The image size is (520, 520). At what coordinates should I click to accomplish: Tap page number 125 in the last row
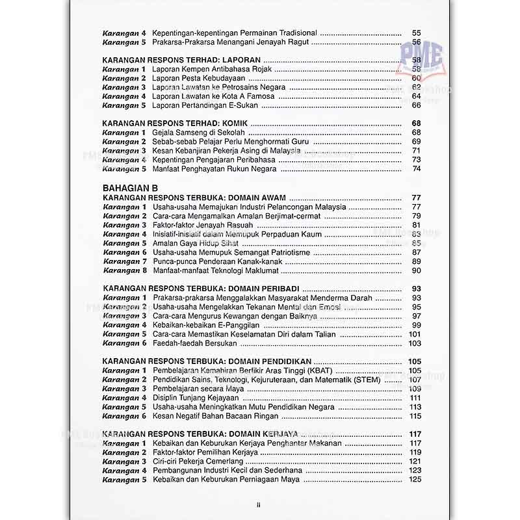pos(415,480)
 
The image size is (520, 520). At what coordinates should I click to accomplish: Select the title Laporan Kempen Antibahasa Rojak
pos(212,69)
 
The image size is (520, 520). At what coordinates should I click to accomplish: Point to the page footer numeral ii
pos(258,504)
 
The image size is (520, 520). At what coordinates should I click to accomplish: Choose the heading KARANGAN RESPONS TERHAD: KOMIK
pos(175,123)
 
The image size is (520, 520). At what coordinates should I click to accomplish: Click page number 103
pos(415,343)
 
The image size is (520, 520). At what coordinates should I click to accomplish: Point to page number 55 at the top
pos(417,32)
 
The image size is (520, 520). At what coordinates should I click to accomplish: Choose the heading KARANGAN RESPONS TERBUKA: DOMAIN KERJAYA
pos(200,434)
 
